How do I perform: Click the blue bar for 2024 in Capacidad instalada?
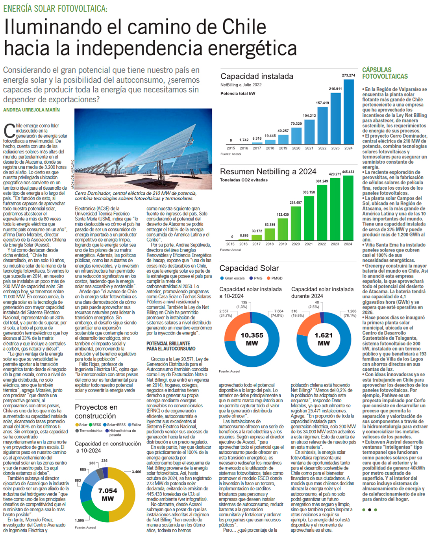tap(348, 112)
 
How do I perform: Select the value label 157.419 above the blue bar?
tap(322, 103)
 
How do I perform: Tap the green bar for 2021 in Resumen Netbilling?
tap(309, 218)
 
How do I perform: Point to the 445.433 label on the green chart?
tap(348, 172)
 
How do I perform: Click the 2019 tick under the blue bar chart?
tap(283, 148)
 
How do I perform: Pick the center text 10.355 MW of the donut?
tap(252, 339)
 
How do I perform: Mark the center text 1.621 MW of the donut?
tap(324, 339)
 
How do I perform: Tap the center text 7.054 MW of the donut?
tap(108, 494)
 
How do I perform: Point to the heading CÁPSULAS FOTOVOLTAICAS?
tap(385, 73)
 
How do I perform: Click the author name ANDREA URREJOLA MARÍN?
tap(31, 110)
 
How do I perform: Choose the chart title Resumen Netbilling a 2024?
tap(268, 172)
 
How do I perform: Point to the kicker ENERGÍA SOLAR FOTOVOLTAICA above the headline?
tap(55, 8)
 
